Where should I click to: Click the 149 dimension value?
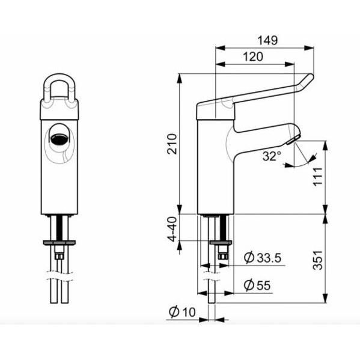pos(267,41)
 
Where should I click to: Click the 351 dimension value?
pos(319,258)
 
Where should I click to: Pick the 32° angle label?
pos(271,156)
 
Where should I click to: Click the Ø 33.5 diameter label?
pos(263,258)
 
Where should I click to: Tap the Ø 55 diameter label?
pos(259,285)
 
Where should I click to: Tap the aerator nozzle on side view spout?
pos(293,141)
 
